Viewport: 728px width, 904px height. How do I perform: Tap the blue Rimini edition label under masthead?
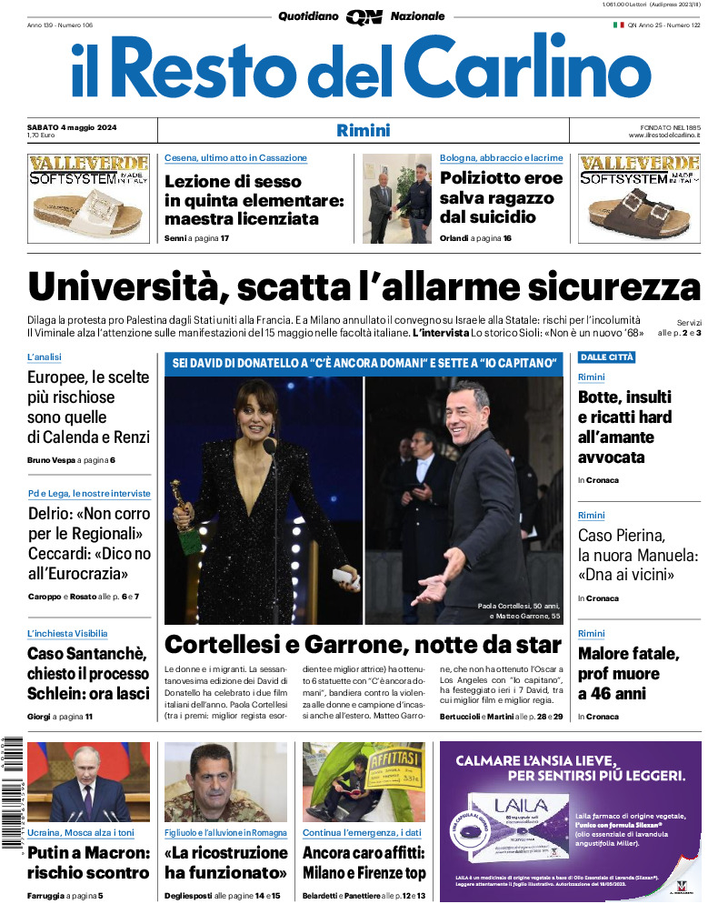363,130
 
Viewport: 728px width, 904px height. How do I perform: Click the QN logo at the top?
364,16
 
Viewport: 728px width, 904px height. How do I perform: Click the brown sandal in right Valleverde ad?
640,211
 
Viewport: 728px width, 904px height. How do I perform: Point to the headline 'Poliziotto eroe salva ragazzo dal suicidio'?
501,197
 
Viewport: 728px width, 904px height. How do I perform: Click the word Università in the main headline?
125,287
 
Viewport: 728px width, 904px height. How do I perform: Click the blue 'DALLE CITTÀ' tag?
606,357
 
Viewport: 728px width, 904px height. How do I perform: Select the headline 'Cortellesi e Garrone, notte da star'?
363,646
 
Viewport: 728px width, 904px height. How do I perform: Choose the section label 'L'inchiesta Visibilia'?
67,633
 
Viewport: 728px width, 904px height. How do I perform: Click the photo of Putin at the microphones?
88,782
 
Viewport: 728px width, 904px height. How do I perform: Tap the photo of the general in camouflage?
225,782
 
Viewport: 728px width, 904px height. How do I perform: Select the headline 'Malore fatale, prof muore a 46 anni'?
628,674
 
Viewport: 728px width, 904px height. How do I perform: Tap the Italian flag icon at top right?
619,25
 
